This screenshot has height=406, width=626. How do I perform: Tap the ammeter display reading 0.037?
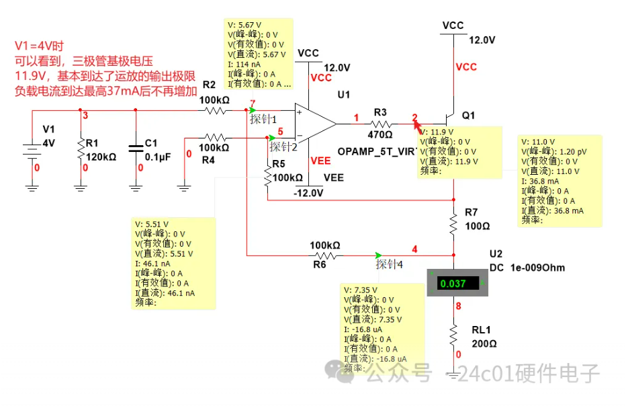[x=453, y=284]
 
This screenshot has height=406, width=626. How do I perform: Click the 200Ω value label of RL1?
[x=484, y=343]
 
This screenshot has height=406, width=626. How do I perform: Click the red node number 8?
[x=459, y=307]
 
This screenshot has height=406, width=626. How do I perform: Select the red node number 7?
[x=253, y=103]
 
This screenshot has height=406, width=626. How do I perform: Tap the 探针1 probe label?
[x=263, y=119]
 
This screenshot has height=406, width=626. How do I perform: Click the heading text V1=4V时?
[x=39, y=46]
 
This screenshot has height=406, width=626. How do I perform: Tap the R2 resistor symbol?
[x=215, y=109]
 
